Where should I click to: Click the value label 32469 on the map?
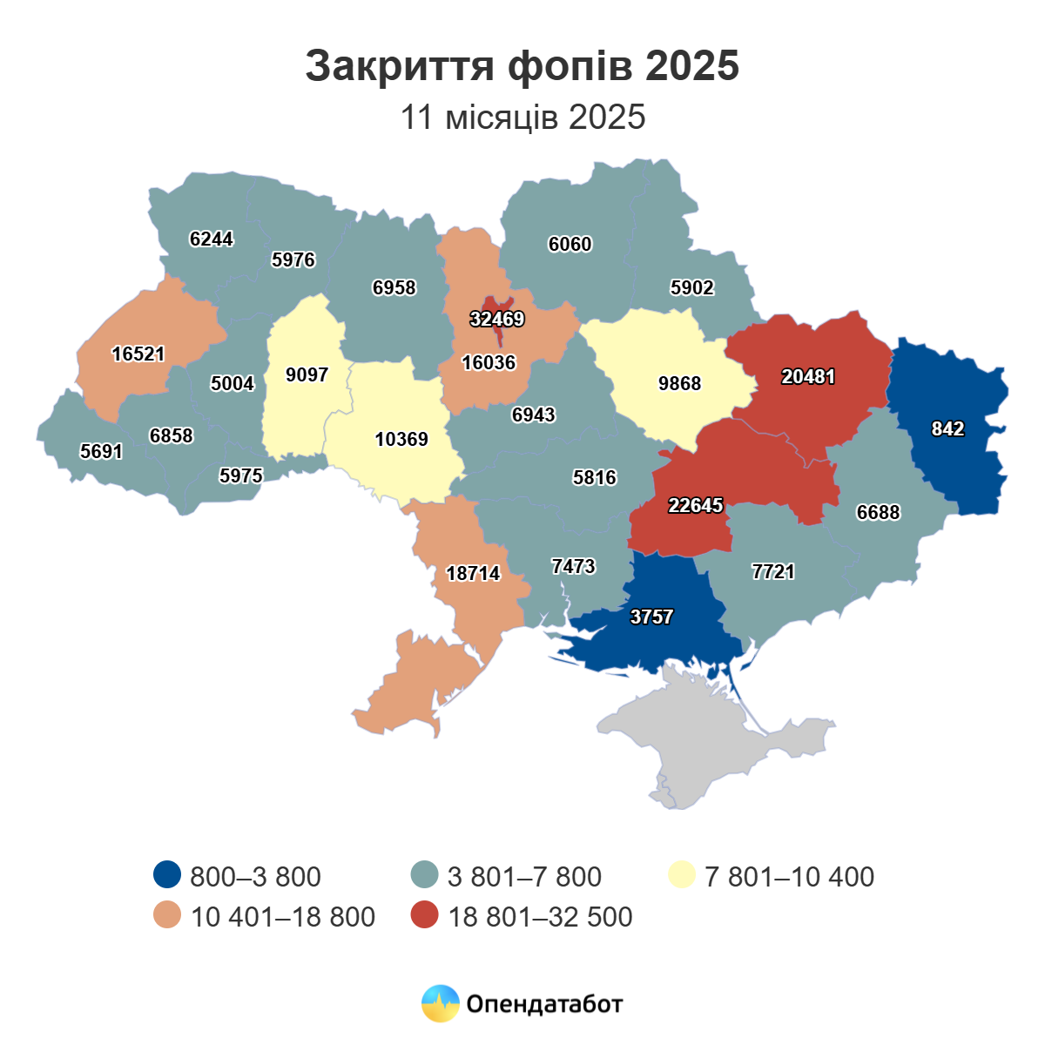coord(497,320)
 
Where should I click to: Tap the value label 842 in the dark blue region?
coord(947,428)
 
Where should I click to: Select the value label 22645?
coord(695,505)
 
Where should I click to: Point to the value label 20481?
coord(808,376)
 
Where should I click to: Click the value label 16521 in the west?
coord(138,354)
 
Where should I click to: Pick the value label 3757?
coord(651,617)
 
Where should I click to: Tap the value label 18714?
coord(473,573)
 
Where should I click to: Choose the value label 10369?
coord(401,439)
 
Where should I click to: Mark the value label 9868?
coord(679,383)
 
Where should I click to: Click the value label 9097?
coord(307,374)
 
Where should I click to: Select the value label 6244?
coord(212,239)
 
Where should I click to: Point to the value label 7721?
coord(773,571)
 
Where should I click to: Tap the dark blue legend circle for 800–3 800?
coord(166,875)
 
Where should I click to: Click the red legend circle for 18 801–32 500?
coord(425,916)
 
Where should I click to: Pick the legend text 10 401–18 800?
coord(283,916)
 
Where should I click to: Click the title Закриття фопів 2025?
coord(522,66)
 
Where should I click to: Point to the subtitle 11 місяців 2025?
coord(522,117)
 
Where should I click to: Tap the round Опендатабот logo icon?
coord(440,1004)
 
